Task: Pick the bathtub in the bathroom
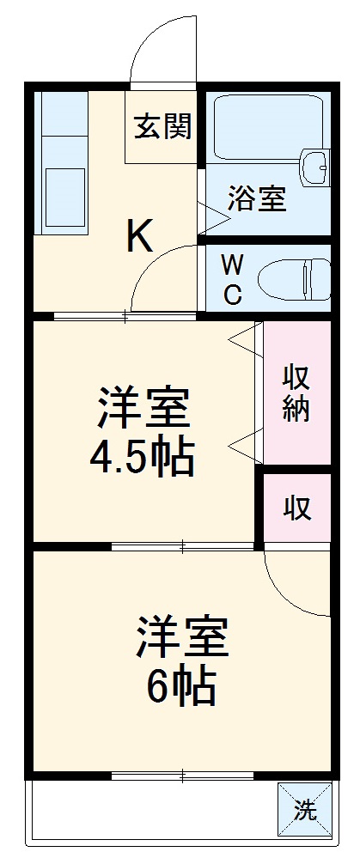(x=266, y=129)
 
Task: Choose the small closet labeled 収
(x=297, y=509)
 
